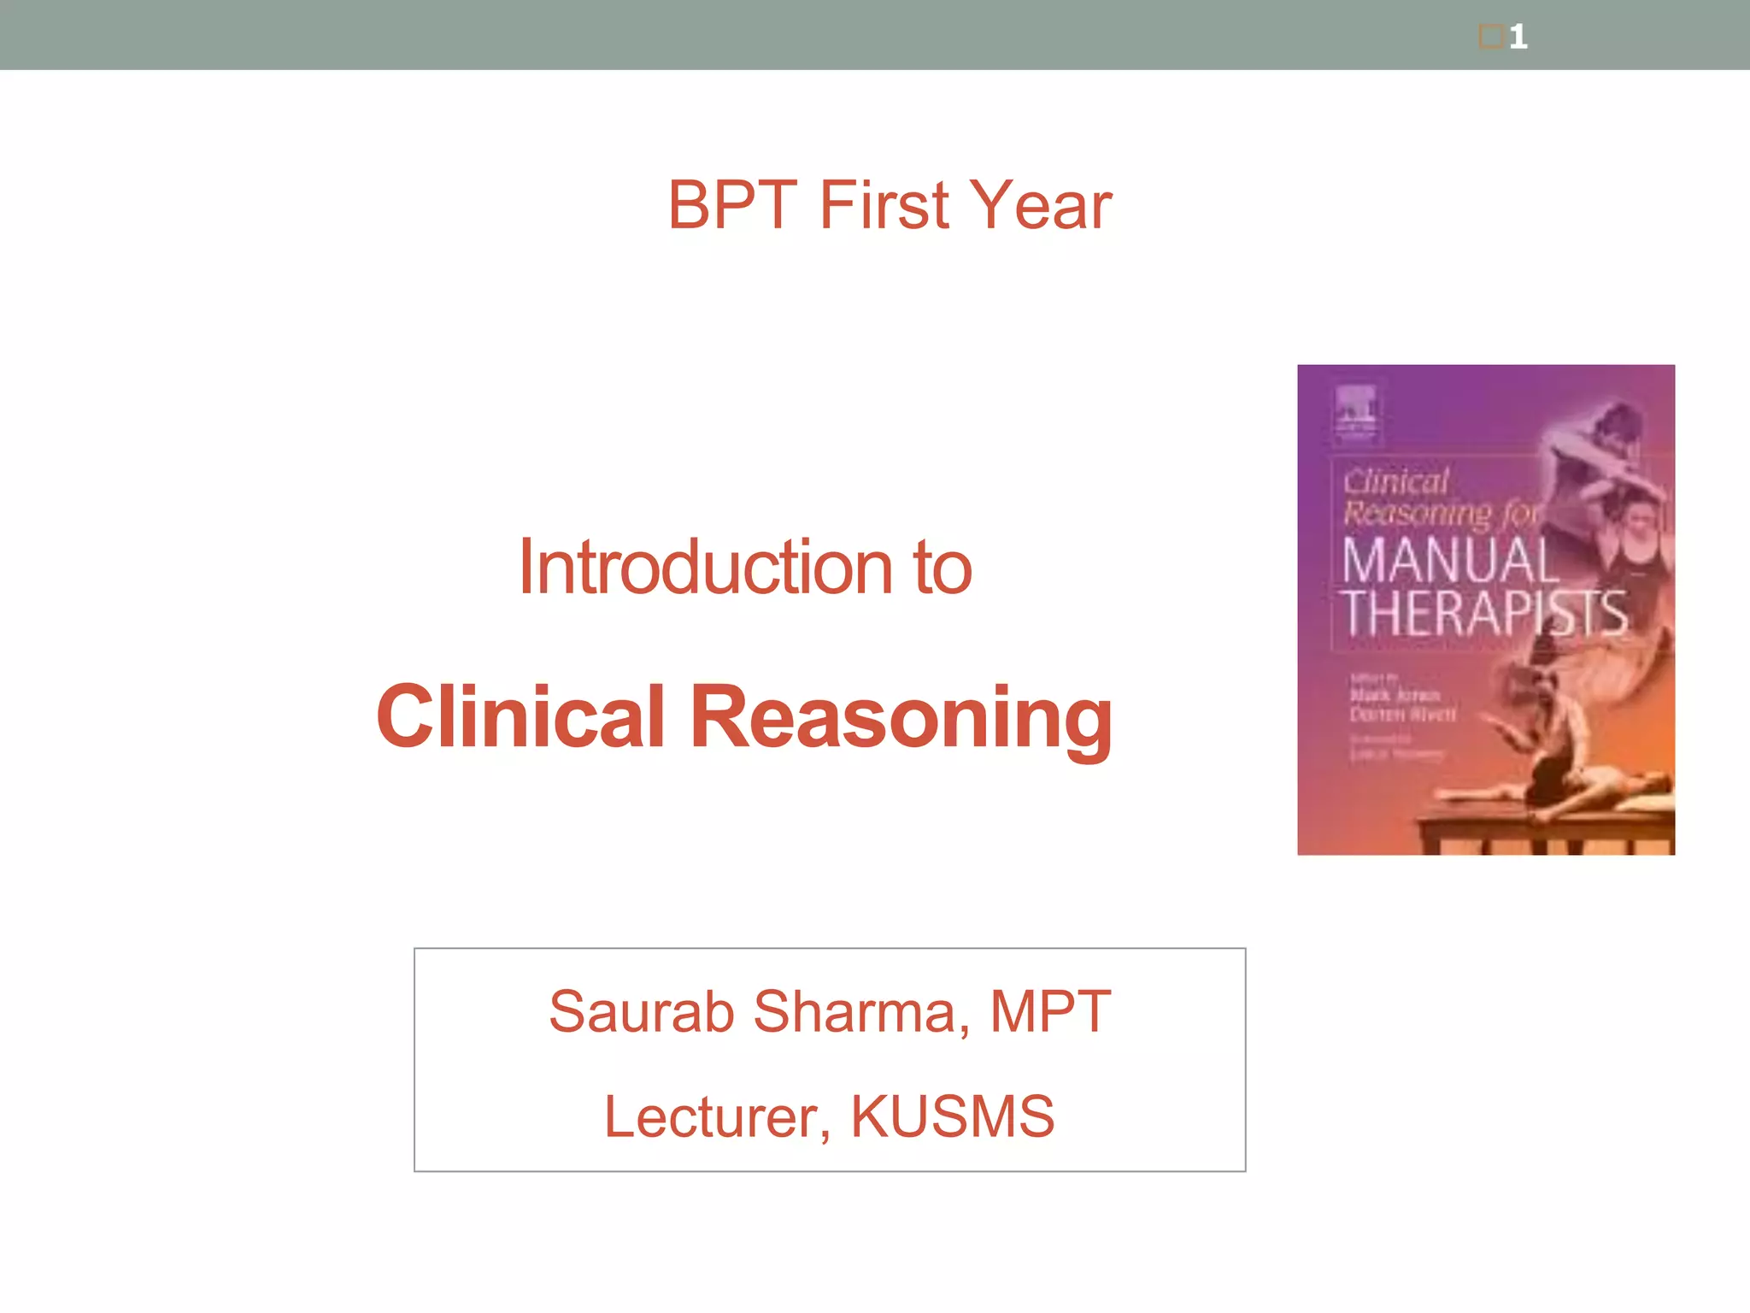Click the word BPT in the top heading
(731, 206)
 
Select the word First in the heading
(884, 206)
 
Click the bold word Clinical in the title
(520, 716)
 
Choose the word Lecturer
(716, 1116)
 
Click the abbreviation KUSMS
(952, 1116)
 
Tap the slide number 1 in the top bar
(1518, 37)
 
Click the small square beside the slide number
(1491, 37)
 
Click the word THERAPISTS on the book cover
(1483, 613)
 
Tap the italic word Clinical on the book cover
(1396, 481)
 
